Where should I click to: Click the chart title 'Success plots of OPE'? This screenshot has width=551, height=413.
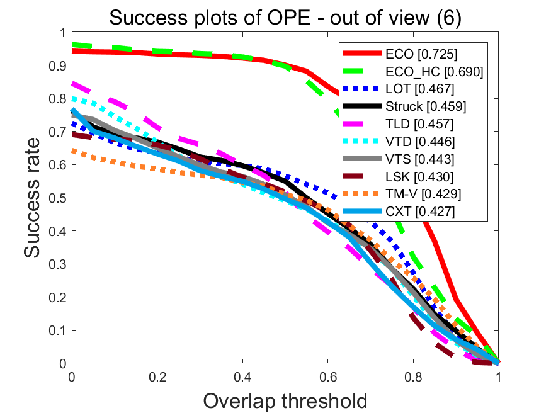tap(285, 18)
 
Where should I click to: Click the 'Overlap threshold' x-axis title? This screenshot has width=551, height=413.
tap(285, 400)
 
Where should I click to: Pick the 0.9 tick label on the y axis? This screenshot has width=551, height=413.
tap(57, 65)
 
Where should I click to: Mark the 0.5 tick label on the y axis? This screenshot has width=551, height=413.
tap(57, 198)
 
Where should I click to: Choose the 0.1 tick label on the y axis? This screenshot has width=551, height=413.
tap(57, 330)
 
